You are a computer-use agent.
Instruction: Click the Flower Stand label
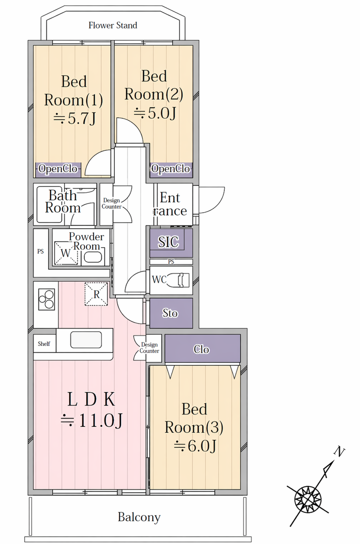click(x=113, y=25)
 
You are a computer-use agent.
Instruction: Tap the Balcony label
click(x=139, y=517)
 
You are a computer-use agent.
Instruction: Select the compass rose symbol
click(x=307, y=500)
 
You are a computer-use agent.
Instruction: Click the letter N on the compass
click(x=339, y=452)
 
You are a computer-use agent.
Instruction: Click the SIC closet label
click(x=168, y=242)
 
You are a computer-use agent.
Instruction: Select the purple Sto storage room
click(x=171, y=313)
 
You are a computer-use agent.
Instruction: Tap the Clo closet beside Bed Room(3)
click(x=202, y=349)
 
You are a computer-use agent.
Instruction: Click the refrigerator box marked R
click(x=96, y=294)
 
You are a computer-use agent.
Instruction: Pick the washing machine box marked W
click(x=66, y=253)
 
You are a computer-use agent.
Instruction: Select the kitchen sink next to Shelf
click(x=86, y=340)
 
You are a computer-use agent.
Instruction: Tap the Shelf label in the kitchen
click(x=44, y=344)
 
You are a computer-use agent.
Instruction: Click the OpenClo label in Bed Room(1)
click(x=58, y=169)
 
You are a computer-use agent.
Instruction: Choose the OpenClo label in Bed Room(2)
click(x=171, y=169)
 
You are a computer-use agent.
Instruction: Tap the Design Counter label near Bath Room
click(x=111, y=204)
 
